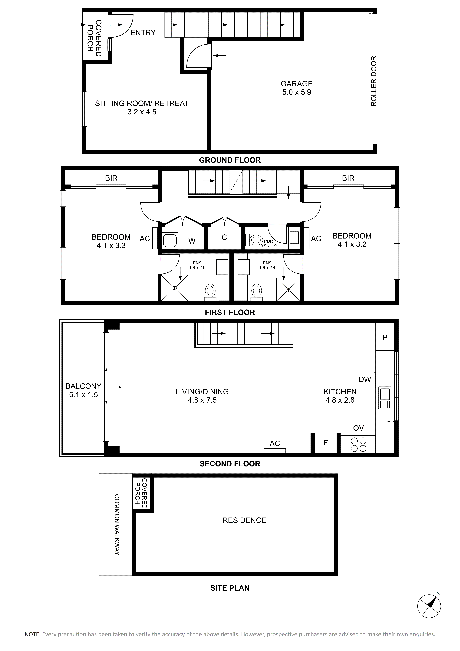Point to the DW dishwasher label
[x=365, y=379]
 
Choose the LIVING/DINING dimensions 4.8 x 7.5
[x=202, y=400]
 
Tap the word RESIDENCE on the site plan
[x=244, y=520]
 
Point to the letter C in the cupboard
[x=224, y=237]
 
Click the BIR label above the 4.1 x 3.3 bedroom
[x=111, y=178]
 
